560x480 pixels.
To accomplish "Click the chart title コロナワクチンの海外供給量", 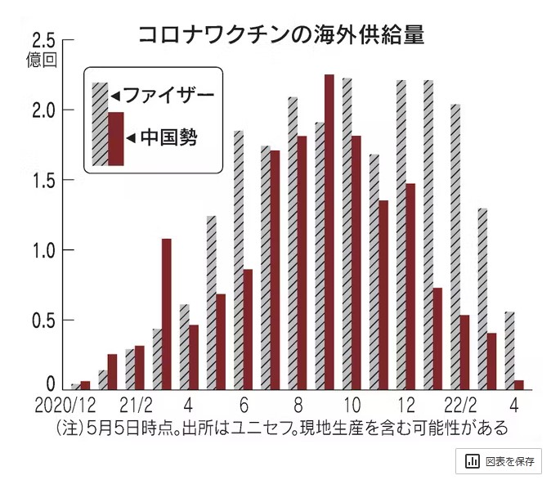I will tap(280, 35).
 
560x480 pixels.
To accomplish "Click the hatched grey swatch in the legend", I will tap(100, 123).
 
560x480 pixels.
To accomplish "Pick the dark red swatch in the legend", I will tap(115, 138).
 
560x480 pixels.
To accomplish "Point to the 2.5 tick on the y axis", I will tap(43, 41).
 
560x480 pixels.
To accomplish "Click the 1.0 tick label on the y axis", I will tap(43, 250).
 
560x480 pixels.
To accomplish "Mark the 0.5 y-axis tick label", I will tap(43, 320).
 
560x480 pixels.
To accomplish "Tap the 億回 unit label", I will tap(43, 59).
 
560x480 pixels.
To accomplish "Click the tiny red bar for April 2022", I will tap(518, 384).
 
